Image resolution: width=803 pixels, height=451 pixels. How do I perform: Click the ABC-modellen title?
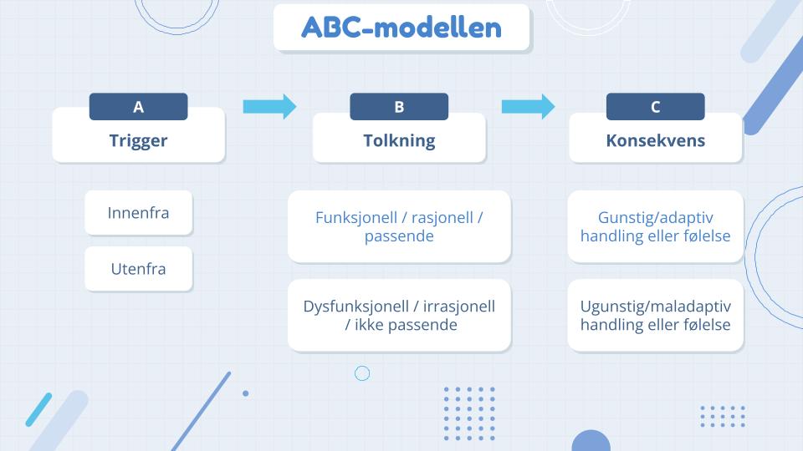(x=401, y=28)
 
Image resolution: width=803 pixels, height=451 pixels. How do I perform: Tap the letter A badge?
(x=138, y=107)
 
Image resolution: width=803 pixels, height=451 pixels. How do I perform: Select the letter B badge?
(x=399, y=107)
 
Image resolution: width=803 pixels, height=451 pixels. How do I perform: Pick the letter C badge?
(x=655, y=107)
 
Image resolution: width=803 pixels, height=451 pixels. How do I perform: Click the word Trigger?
(x=138, y=140)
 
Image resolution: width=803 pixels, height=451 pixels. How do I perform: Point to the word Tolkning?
(x=399, y=140)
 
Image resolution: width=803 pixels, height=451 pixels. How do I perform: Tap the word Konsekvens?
(x=655, y=140)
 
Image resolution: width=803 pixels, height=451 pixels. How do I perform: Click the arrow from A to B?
(x=269, y=106)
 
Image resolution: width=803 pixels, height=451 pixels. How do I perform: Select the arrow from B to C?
(x=528, y=106)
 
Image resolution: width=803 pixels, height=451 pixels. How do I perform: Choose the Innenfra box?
(x=138, y=213)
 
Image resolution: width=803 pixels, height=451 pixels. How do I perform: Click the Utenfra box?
(x=138, y=269)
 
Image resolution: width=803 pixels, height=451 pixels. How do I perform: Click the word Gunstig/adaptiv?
(x=656, y=217)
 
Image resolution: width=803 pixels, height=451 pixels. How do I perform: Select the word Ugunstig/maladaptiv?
(x=656, y=306)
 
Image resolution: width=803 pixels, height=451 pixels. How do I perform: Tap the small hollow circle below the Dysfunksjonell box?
(x=362, y=373)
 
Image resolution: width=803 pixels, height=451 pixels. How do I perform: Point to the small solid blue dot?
(x=245, y=393)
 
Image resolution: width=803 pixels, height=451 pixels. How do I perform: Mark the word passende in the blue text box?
(x=399, y=236)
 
